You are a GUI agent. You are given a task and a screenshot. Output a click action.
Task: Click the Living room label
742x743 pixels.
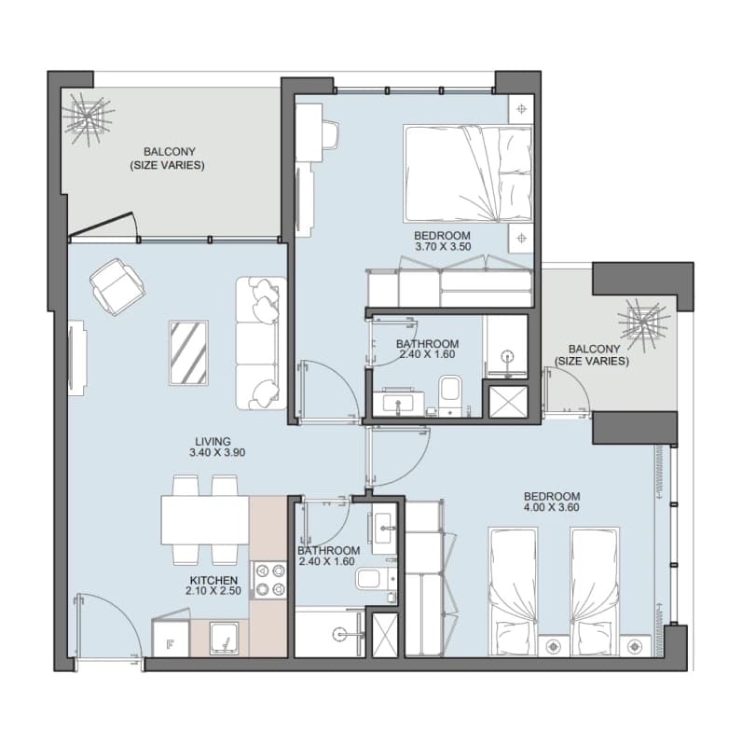(213, 442)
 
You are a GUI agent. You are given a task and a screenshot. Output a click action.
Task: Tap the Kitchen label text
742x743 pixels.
(213, 581)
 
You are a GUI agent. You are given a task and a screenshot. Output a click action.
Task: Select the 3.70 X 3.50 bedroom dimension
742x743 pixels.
(443, 247)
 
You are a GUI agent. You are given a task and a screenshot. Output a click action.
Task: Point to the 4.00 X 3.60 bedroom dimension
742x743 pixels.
(551, 507)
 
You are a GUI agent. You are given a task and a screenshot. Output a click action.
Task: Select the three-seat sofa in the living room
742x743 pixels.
(261, 344)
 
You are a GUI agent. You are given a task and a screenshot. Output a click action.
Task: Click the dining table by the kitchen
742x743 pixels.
(205, 520)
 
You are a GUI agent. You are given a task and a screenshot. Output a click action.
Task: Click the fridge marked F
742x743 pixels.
(171, 638)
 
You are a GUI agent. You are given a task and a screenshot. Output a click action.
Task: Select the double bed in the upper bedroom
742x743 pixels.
(469, 174)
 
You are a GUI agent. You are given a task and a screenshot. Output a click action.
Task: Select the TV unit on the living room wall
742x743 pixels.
(76, 358)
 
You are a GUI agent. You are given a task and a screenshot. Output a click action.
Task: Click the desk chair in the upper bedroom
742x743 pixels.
(331, 134)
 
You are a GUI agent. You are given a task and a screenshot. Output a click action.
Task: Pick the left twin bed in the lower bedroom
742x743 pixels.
(513, 591)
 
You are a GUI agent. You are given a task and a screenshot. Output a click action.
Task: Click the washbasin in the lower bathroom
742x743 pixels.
(384, 529)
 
